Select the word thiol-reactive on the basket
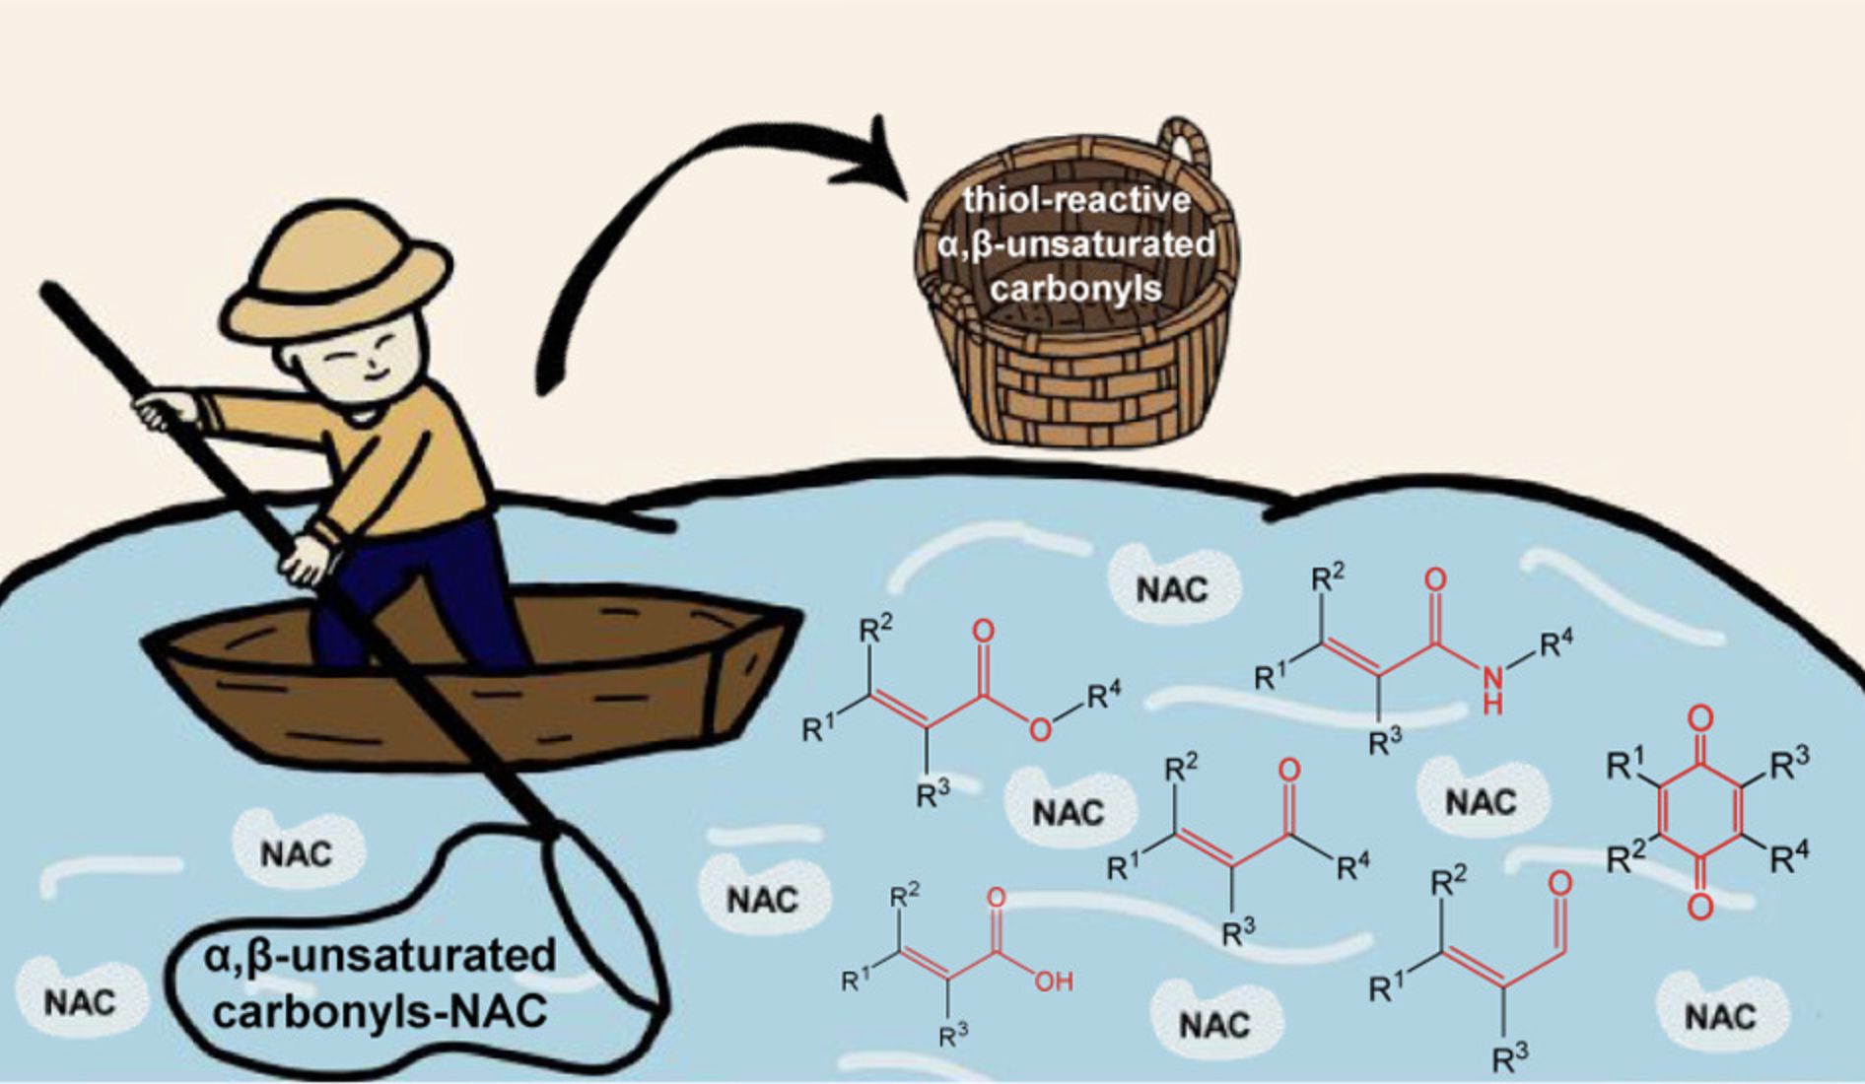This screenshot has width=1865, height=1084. click(x=1076, y=200)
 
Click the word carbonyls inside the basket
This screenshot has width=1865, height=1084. click(x=1076, y=289)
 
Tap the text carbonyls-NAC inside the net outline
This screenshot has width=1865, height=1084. click(x=380, y=1011)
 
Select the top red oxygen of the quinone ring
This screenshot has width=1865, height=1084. click(x=1699, y=717)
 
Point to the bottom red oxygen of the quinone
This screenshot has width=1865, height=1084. click(x=1699, y=905)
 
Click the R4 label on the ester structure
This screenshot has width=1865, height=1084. click(x=1104, y=696)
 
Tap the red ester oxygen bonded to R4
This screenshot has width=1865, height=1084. click(x=1039, y=729)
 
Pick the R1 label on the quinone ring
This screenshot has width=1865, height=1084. click(x=1625, y=764)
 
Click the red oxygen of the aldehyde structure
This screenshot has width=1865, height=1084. click(x=1559, y=882)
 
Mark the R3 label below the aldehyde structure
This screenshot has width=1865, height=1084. click(x=1510, y=1058)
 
